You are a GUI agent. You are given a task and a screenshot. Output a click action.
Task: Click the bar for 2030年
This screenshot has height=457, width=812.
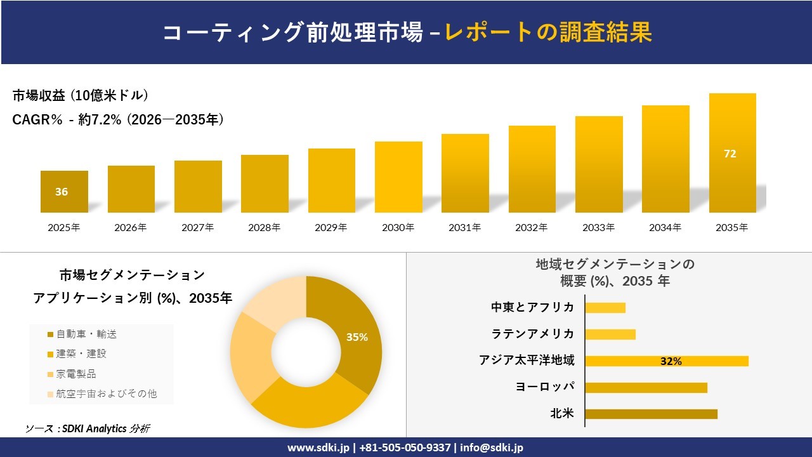coord(398,178)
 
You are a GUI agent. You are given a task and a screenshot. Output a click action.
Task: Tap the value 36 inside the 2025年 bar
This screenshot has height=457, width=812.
coord(62,192)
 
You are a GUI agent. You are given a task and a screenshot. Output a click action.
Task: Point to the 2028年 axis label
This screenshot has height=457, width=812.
coord(264,227)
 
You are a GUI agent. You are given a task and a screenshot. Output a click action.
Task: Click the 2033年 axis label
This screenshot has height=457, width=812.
coord(598,227)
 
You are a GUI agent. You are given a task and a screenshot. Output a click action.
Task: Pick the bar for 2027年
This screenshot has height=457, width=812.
coord(198,187)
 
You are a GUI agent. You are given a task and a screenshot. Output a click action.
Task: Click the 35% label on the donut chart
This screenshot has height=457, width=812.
coord(357,337)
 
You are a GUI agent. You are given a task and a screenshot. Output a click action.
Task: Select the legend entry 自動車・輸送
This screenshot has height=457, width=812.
coord(86,334)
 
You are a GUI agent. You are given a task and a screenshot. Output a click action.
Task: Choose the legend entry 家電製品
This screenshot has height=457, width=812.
coord(76,374)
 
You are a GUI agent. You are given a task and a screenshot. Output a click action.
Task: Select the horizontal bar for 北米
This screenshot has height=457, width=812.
coord(651,414)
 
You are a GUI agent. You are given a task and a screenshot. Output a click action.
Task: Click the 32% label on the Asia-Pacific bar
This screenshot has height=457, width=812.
coord(671,361)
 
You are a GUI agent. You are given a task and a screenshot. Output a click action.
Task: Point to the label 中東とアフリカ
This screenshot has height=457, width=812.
coord(533,307)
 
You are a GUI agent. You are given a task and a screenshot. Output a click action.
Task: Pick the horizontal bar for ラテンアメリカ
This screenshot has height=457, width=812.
coord(610,334)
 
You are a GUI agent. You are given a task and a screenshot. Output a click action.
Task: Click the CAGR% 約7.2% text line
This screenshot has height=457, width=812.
coord(118,120)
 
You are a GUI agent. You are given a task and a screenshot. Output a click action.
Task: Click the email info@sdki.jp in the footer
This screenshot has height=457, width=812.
coord(492,447)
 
